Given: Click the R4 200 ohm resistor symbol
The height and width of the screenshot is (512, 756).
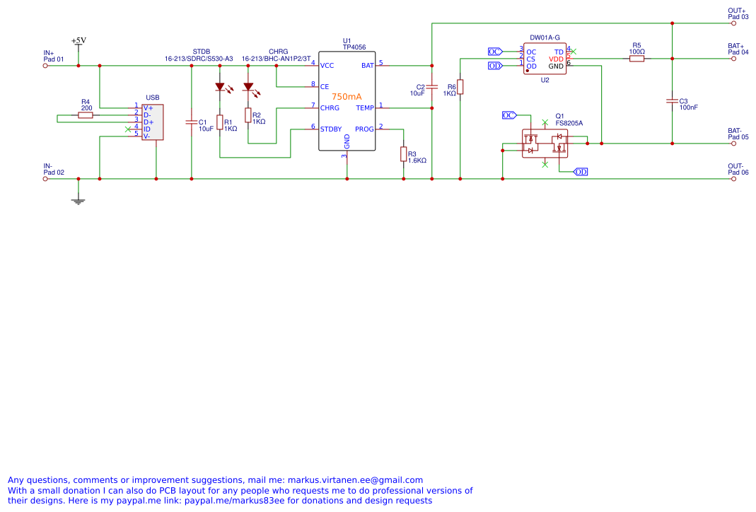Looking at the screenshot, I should [86, 115].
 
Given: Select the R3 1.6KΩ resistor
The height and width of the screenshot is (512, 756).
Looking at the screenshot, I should [403, 154].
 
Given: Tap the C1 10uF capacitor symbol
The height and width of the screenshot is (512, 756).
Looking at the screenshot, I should [191, 122].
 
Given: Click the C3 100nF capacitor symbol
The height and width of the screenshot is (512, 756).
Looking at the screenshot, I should [672, 101].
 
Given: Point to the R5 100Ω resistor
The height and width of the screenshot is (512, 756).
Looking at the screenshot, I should [636, 59].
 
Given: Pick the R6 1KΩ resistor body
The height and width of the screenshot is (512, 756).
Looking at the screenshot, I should [460, 86].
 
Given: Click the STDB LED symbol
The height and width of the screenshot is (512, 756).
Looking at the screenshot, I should [219, 88].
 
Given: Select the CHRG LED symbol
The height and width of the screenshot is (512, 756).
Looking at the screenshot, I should [248, 88].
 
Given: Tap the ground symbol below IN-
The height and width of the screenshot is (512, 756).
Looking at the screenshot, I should [78, 201].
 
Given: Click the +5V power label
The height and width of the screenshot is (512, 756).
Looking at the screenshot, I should [78, 41].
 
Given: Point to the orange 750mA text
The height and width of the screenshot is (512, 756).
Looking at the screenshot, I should [347, 97].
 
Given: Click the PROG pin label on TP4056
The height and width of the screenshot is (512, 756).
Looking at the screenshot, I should [364, 129].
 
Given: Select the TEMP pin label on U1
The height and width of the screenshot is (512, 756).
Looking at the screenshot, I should [365, 108].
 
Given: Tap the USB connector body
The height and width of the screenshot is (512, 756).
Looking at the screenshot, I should [151, 122].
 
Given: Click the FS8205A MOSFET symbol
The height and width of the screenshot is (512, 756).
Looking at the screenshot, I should [545, 144].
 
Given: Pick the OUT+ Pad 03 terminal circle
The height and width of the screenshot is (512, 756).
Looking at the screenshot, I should [733, 23].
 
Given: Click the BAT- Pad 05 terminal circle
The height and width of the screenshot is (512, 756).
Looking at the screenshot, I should [733, 144].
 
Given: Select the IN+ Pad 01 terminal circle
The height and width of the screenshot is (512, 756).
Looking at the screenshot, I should [45, 66].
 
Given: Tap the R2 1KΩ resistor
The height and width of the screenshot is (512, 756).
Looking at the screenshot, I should [248, 115].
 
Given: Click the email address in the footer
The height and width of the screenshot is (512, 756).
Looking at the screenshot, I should [354, 480].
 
